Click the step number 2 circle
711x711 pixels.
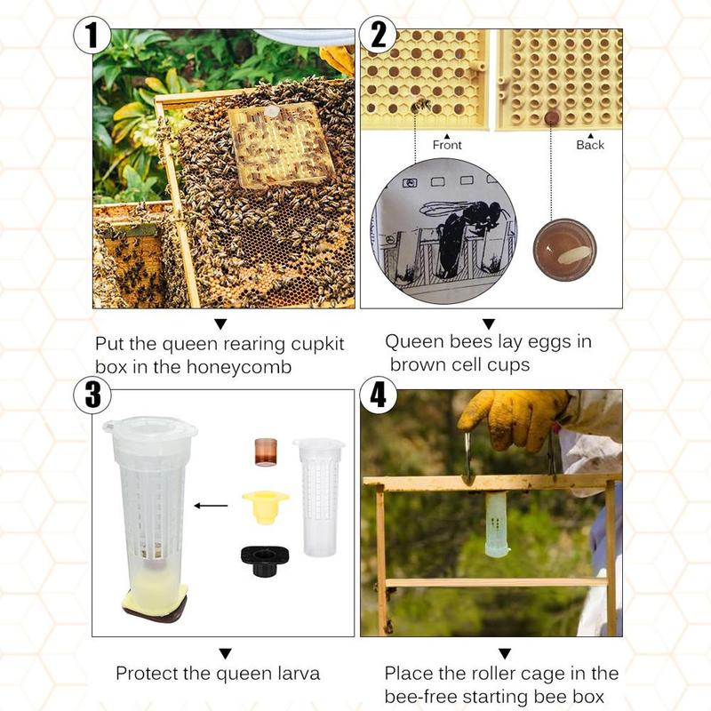tap(379, 36)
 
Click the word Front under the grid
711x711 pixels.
tap(447, 145)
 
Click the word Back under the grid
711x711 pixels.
tap(589, 145)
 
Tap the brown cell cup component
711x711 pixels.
tap(267, 451)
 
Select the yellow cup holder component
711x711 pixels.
tap(265, 504)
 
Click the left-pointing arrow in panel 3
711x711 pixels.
tap(211, 506)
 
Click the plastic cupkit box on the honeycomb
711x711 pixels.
tap(280, 146)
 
